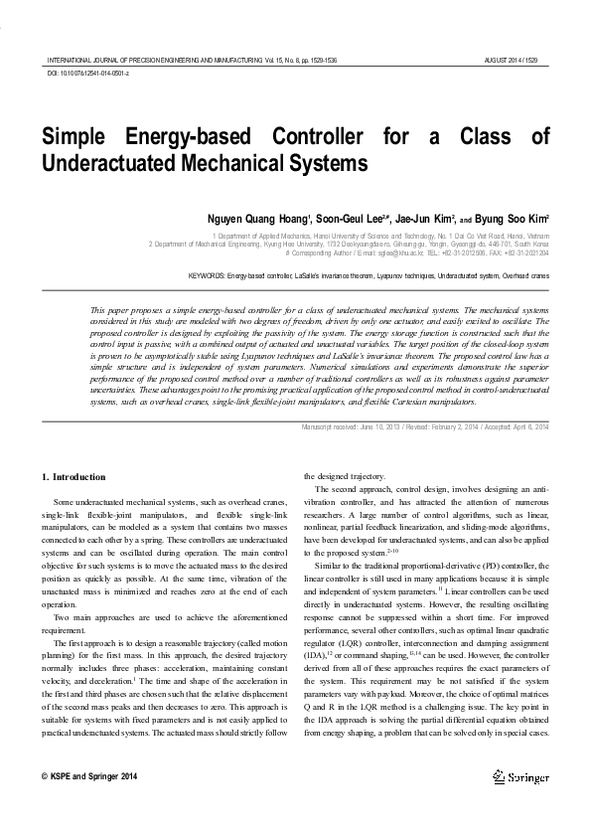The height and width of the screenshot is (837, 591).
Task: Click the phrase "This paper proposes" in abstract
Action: click(124, 311)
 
